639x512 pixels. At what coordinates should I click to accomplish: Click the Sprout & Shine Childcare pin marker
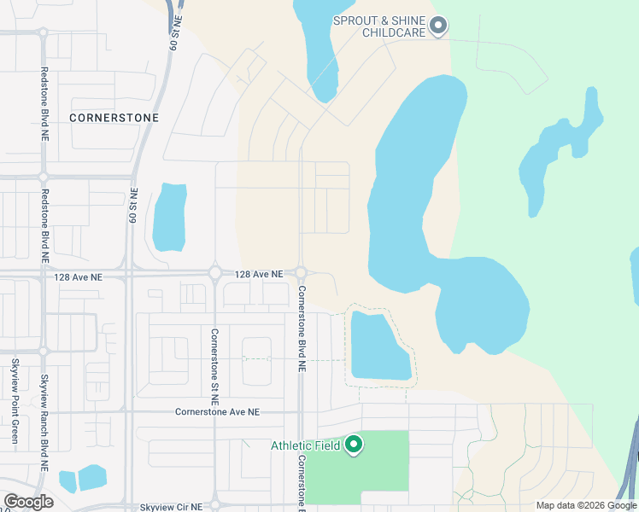pos(438,26)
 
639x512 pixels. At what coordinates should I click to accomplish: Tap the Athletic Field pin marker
pos(355,444)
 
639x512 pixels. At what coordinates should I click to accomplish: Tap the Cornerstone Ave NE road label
pos(216,411)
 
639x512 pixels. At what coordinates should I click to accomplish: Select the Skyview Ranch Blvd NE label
pos(44,423)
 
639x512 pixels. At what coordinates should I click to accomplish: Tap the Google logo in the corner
pos(28,502)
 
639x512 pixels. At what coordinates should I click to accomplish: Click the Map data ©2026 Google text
pos(585,505)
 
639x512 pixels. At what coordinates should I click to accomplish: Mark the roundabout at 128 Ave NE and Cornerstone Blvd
pos(301,273)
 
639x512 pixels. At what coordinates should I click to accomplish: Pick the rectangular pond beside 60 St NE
pos(169,217)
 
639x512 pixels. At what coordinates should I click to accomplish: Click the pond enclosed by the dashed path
pos(378,346)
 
